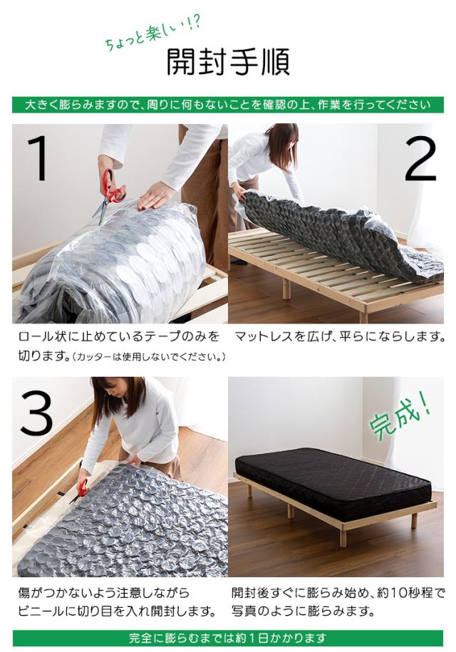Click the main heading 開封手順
point(228,62)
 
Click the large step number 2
point(420,159)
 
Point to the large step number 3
point(36,413)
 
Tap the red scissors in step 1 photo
point(108,195)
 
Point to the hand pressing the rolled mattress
point(156,195)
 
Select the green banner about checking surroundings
point(228,105)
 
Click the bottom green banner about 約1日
point(228,638)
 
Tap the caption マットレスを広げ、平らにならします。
point(340,336)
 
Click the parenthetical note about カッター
point(148,357)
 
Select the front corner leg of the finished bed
point(342,537)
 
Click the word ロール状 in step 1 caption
point(42,336)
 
